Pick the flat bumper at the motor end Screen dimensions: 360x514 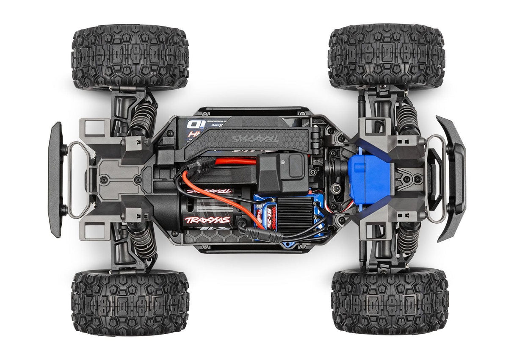click(55, 180)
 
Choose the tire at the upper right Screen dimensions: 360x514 click(386, 56)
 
